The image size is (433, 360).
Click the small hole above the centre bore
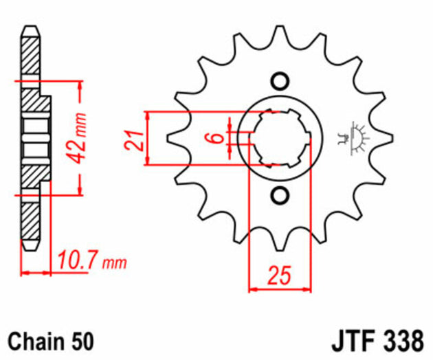coord(278,81)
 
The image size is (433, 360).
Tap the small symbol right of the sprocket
coord(353,137)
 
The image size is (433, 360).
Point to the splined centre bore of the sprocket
coord(278,137)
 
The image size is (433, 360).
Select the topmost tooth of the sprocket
coord(278,34)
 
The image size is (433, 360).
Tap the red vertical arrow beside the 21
coord(147,137)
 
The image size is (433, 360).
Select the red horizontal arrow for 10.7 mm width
coord(37,273)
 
